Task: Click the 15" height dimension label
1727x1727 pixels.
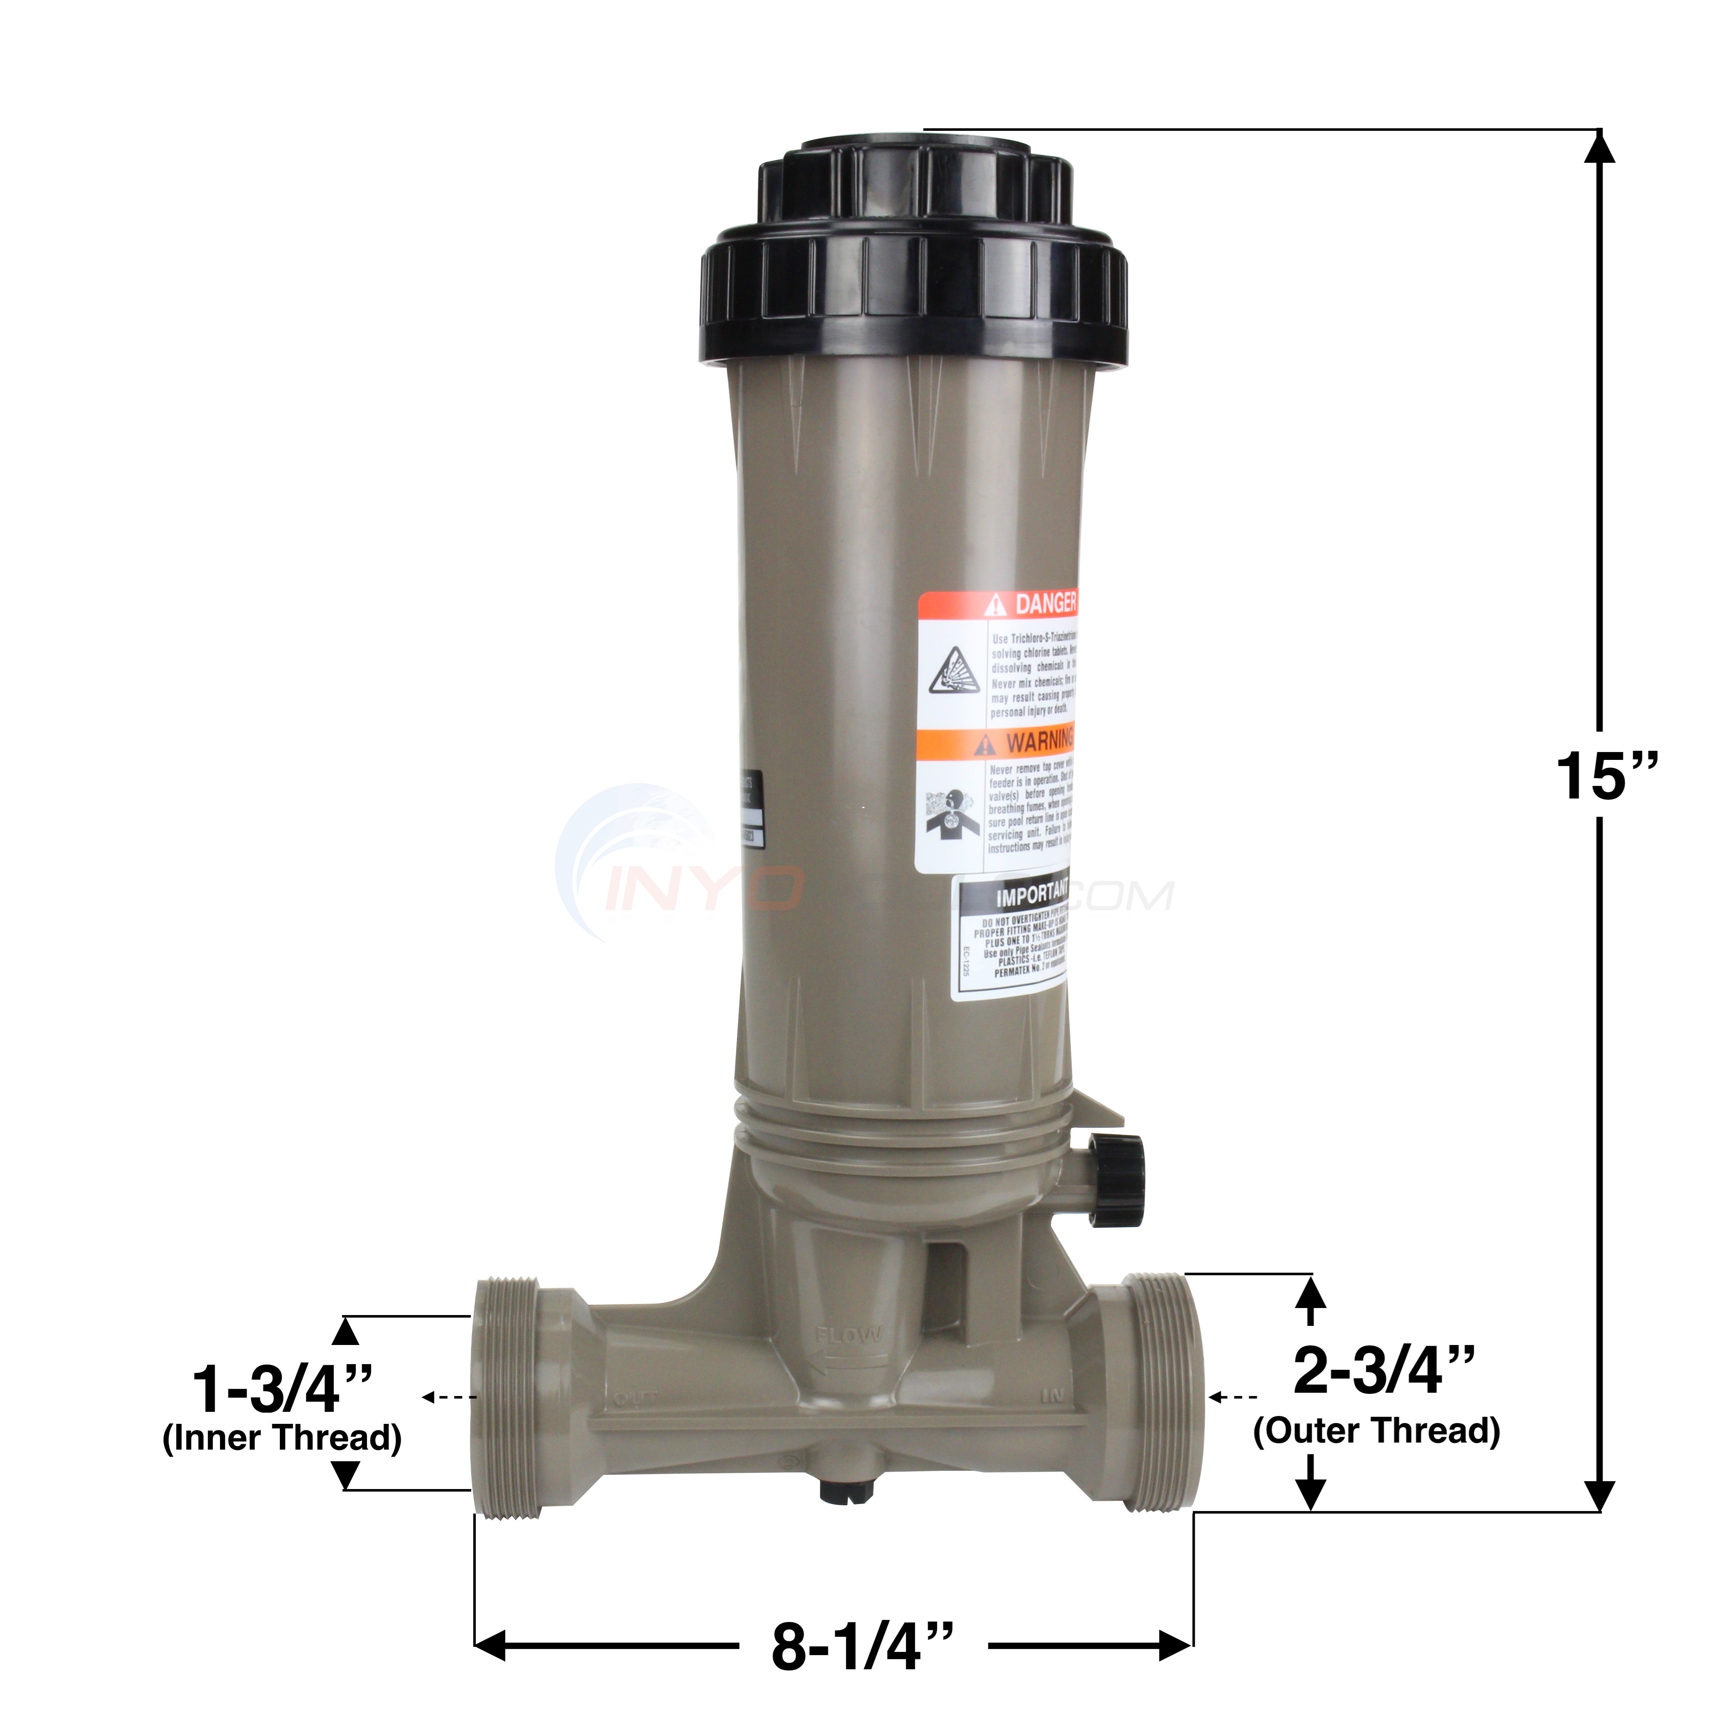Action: [1606, 776]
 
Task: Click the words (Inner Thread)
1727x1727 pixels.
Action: [281, 1438]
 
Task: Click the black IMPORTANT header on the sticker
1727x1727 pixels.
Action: [1015, 892]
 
